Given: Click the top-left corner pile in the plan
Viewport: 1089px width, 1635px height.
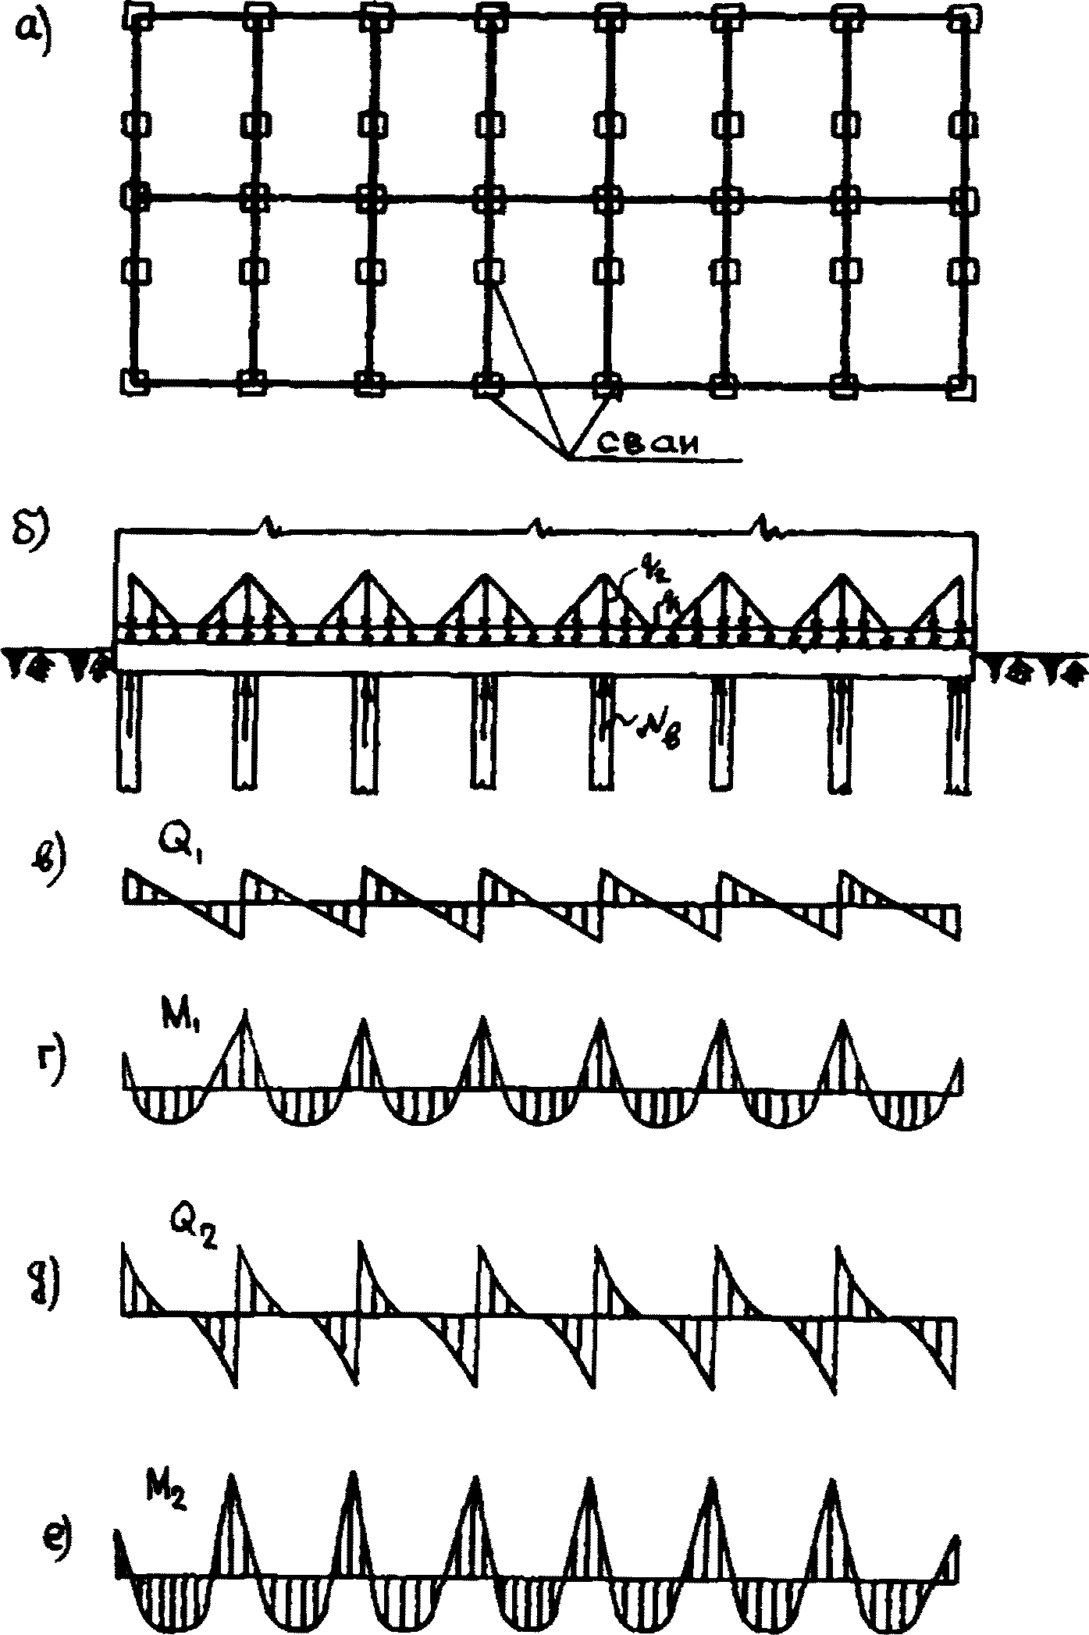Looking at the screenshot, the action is click(138, 15).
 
